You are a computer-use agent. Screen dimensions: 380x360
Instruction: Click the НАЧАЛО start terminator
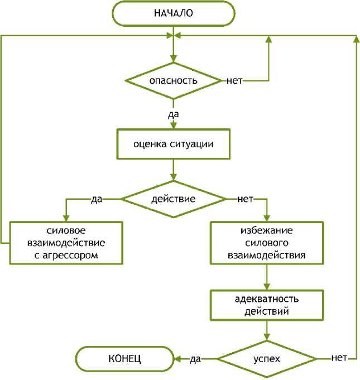pos(174,13)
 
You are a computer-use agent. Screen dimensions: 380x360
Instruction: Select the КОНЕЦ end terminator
pos(124,359)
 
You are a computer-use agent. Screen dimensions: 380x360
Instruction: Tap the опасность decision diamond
pos(174,80)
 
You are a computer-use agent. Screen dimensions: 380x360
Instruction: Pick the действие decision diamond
pos(174,199)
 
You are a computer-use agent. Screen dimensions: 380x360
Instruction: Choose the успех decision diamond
pos(266,358)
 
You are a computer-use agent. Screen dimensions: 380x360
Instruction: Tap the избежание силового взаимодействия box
pos(267,243)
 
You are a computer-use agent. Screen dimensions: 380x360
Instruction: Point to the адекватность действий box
pos(266,305)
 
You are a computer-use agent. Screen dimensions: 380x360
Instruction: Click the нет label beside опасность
pos(234,80)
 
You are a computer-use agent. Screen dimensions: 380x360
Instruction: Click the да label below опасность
pos(173,114)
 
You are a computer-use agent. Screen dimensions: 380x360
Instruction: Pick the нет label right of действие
pos(246,199)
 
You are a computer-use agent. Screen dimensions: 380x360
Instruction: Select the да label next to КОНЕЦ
pos(195,359)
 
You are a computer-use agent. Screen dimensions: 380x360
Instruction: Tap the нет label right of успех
pos(340,357)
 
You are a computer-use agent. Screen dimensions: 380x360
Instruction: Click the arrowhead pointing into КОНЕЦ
pos(177,358)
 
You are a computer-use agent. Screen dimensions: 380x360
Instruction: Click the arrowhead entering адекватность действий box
pos(267,286)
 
